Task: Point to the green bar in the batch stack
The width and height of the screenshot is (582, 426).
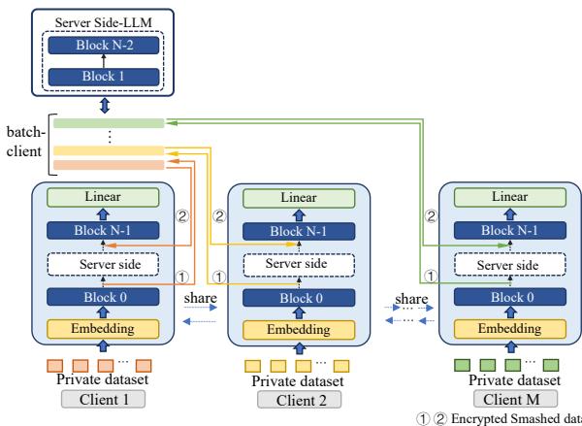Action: pyautogui.click(x=109, y=123)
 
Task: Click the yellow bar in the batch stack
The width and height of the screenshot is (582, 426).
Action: pyautogui.click(x=109, y=151)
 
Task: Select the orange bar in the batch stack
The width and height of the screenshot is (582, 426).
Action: pyautogui.click(x=109, y=165)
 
